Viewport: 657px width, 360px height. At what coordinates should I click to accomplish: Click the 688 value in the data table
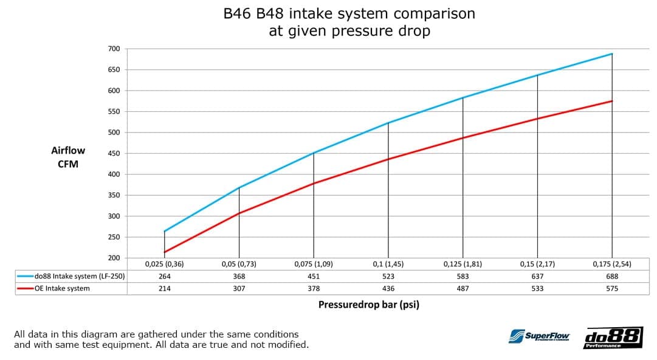click(x=612, y=277)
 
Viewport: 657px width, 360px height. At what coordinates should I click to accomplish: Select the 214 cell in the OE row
click(x=164, y=289)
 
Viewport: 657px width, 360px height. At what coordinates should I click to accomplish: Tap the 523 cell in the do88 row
click(x=388, y=277)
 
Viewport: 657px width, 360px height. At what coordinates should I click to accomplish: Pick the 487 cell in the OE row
click(x=463, y=289)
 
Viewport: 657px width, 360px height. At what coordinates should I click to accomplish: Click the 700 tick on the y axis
click(x=114, y=49)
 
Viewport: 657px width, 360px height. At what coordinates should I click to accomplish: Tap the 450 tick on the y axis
click(x=114, y=153)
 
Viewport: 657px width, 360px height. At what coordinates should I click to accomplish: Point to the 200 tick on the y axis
click(x=114, y=258)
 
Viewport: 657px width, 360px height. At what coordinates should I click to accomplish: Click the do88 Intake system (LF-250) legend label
click(x=80, y=277)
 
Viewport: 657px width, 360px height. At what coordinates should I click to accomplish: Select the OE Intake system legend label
click(x=62, y=289)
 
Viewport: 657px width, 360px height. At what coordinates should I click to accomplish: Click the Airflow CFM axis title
click(x=68, y=157)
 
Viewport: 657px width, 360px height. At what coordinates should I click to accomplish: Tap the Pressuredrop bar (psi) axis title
click(x=369, y=305)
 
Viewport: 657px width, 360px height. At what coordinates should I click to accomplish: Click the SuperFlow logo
click(x=539, y=336)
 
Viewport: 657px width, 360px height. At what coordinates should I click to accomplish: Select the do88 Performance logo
click(x=613, y=337)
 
